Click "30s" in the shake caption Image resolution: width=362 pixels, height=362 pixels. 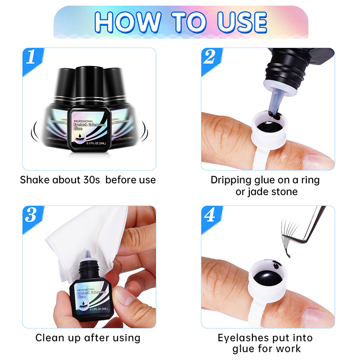click(x=91, y=180)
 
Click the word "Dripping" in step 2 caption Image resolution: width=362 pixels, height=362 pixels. click(x=231, y=180)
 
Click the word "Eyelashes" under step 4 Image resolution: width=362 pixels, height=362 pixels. click(x=243, y=338)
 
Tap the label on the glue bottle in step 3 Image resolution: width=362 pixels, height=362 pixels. click(x=92, y=297)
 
